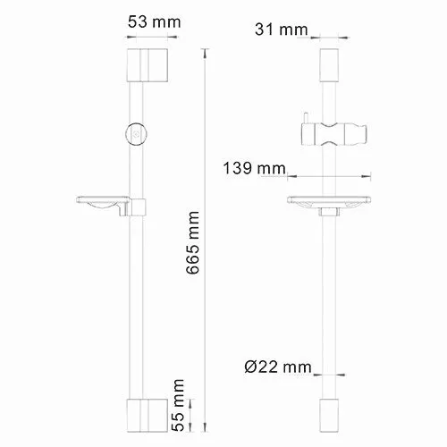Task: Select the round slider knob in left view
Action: (x=135, y=132)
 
